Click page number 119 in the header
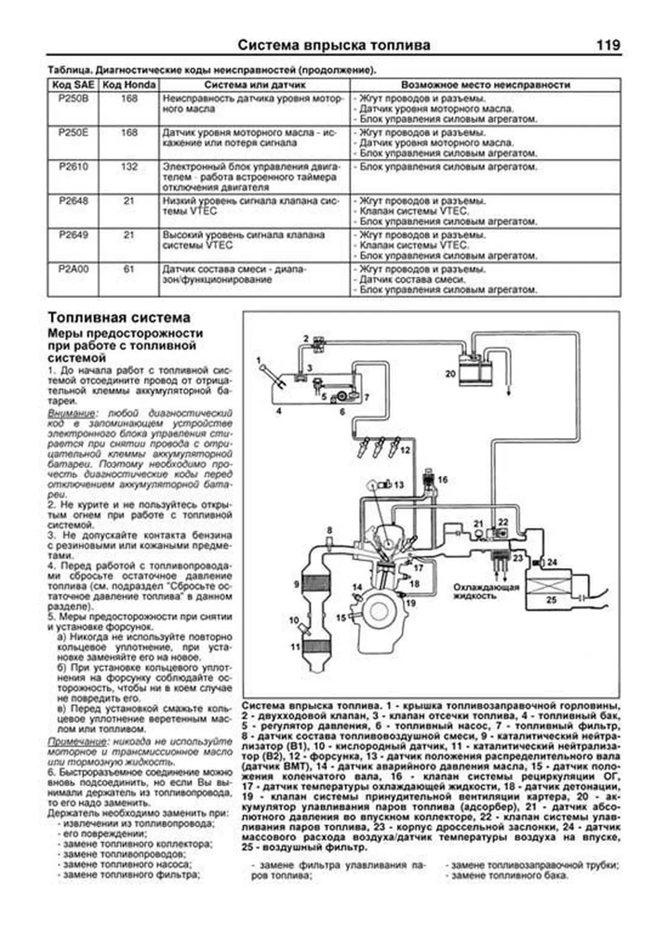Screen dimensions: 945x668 pos(608,45)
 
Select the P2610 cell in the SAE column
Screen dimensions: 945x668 pos(73,167)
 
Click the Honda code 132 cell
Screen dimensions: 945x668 pos(129,167)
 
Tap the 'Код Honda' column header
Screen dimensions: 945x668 pos(129,85)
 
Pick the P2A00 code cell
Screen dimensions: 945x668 pos(73,269)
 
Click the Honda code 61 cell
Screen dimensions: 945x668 pos(129,269)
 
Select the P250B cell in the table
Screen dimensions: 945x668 pos(73,99)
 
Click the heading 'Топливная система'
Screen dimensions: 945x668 pos(119,317)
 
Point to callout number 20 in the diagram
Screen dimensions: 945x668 pos(450,374)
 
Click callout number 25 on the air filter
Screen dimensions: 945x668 pos(551,600)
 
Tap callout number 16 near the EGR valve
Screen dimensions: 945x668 pos(443,479)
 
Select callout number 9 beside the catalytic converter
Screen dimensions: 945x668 pos(297,584)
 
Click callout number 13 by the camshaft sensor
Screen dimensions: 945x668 pos(399,485)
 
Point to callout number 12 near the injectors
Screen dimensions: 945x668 pos(405,450)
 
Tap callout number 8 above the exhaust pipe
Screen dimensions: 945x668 pos(330,530)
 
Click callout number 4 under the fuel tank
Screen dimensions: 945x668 pos(278,411)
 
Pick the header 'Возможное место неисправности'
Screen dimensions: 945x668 pos(485,85)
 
